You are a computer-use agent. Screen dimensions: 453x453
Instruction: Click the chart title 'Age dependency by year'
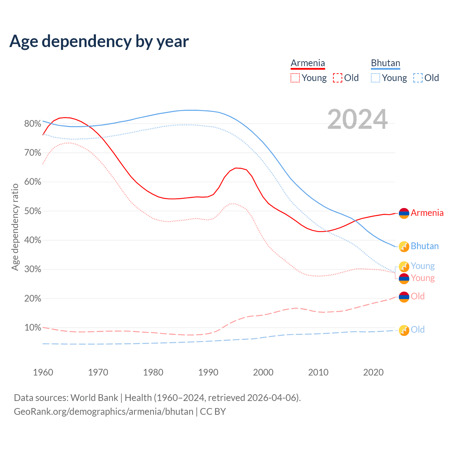pos(99,41)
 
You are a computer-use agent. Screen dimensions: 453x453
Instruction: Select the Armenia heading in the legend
pos(308,63)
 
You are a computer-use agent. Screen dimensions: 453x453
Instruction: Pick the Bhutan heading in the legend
pos(385,63)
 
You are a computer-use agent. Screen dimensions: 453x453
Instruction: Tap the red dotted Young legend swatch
pos(295,78)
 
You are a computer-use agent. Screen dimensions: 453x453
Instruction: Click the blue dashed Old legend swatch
pos(418,78)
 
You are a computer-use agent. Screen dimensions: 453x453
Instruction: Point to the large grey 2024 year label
pos(357,119)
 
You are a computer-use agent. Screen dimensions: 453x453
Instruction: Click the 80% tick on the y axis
pos(33,124)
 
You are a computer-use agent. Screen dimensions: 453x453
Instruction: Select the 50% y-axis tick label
pos(33,211)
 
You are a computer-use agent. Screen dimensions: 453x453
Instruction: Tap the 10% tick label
pos(33,327)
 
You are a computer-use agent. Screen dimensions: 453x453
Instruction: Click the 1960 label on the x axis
pos(43,372)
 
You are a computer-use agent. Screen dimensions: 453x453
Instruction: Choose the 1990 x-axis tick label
pos(208,372)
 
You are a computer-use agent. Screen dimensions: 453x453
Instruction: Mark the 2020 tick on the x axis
pos(373,372)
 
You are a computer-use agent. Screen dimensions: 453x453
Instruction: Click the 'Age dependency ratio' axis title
pos(15,227)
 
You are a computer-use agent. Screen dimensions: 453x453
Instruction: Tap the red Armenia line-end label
pos(427,213)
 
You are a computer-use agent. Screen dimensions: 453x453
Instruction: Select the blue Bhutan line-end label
pos(424,246)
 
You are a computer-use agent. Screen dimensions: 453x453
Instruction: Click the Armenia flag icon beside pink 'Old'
pos(404,297)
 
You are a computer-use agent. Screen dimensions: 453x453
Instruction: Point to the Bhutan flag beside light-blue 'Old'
pos(404,330)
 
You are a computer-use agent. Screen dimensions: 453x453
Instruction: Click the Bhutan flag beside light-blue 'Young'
pos(404,266)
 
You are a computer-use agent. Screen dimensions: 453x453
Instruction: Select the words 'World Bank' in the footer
pos(94,398)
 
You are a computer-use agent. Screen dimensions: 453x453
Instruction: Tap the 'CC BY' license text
pos(213,412)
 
